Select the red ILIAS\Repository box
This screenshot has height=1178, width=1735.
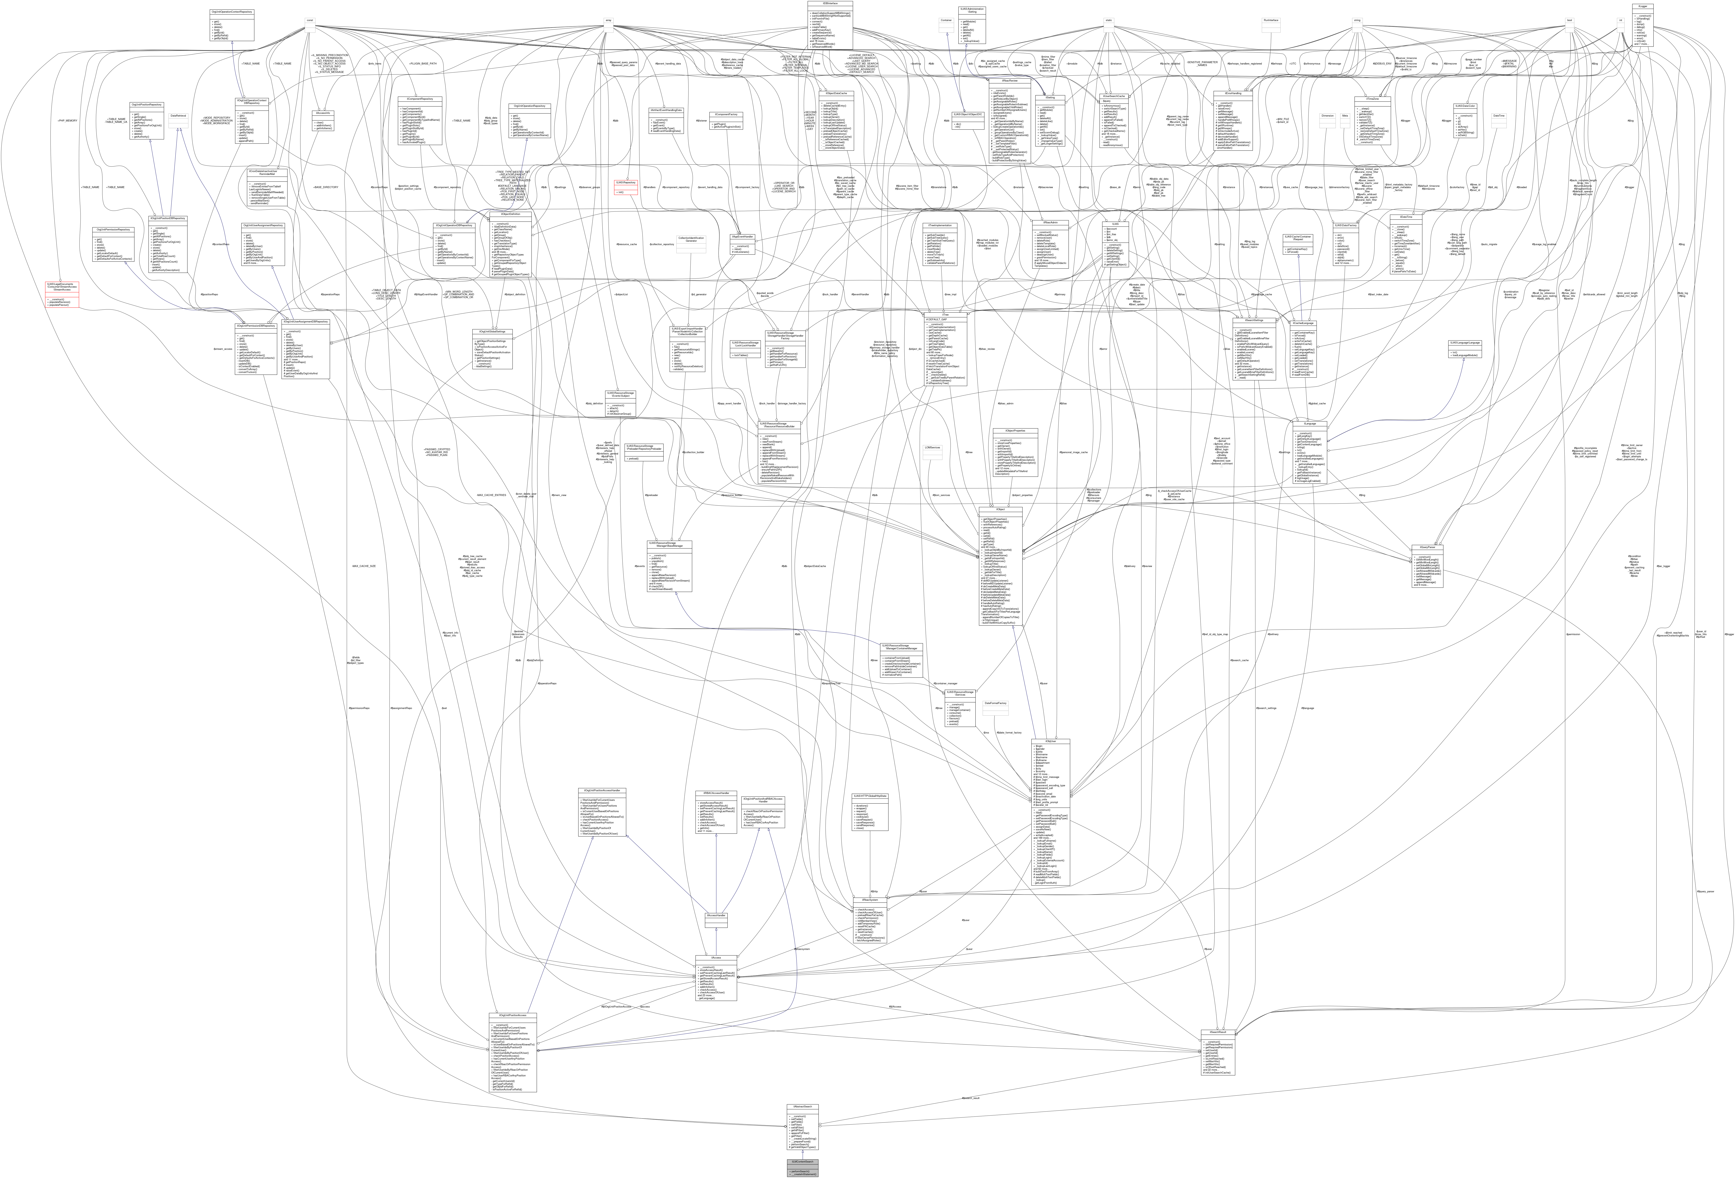(626, 182)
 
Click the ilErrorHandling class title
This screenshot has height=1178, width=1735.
(1233, 93)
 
